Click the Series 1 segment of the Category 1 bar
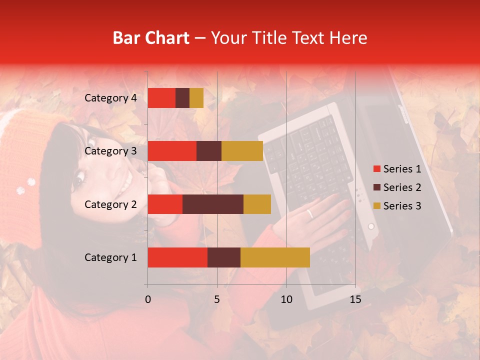(x=177, y=257)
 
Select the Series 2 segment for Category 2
(x=213, y=204)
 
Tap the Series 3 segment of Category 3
(x=242, y=151)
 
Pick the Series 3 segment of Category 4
(x=196, y=98)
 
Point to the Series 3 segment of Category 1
(x=275, y=257)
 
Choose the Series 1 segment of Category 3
(x=172, y=151)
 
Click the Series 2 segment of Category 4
(x=182, y=98)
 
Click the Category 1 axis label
(x=110, y=257)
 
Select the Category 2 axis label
(x=110, y=204)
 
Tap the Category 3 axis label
(x=110, y=151)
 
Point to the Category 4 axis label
(x=110, y=98)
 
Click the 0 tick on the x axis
(x=148, y=299)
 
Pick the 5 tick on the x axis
(x=217, y=299)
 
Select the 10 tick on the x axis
(x=286, y=299)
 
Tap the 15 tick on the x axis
(x=355, y=299)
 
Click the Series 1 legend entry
(x=397, y=169)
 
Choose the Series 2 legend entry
(x=397, y=187)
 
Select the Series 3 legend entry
(x=397, y=206)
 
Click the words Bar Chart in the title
(x=151, y=38)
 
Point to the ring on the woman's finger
(x=310, y=214)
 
